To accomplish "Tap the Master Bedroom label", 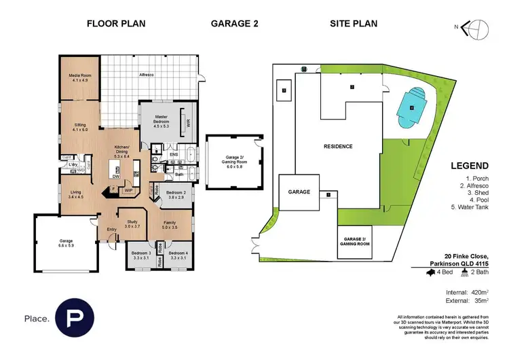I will pyautogui.click(x=162, y=120).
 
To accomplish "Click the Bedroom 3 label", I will pyautogui.click(x=140, y=257).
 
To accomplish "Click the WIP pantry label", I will pyautogui.click(x=128, y=191).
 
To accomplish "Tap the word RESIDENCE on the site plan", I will pyautogui.click(x=337, y=146).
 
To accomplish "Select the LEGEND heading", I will pyautogui.click(x=469, y=166).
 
